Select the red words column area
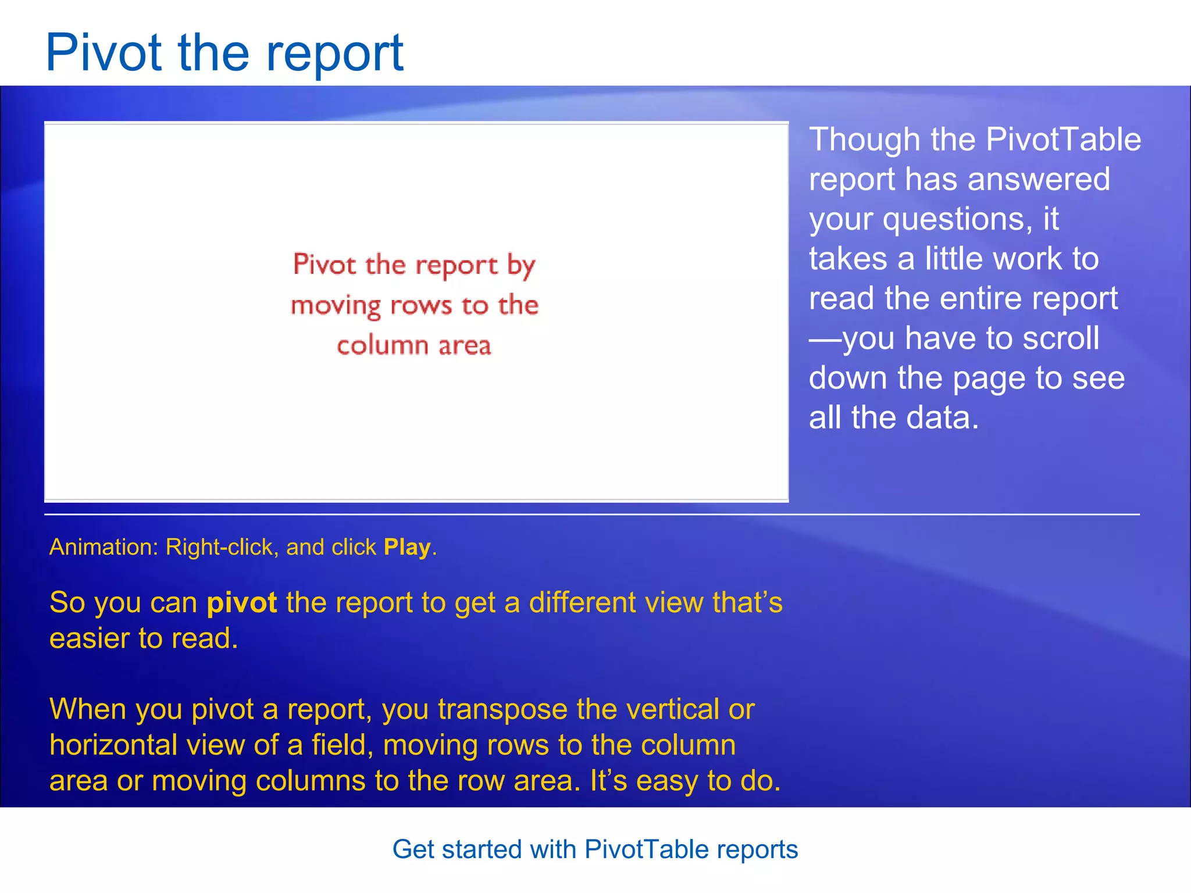click(x=413, y=346)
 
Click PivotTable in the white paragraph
click(x=1063, y=140)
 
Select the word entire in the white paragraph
click(x=981, y=299)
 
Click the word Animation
click(x=103, y=547)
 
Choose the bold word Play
click(x=407, y=547)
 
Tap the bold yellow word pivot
click(x=241, y=603)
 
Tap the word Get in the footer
click(x=413, y=849)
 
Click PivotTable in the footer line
click(x=646, y=849)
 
